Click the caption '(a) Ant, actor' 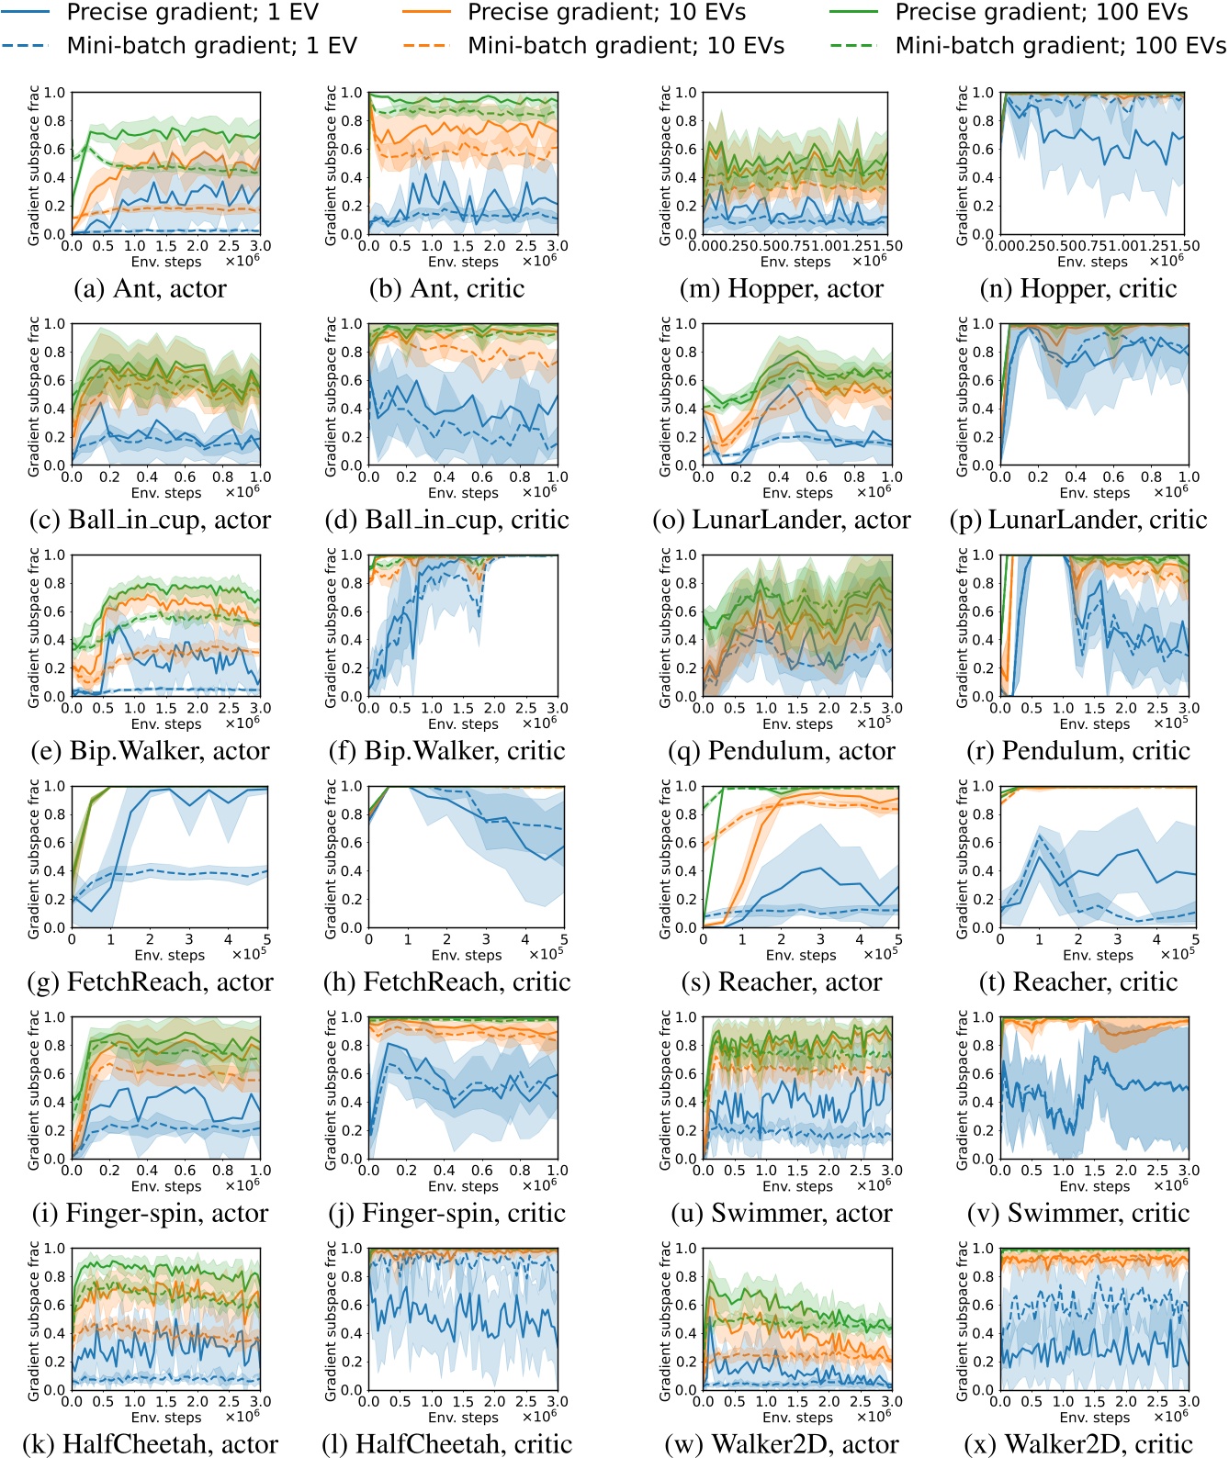click(x=151, y=289)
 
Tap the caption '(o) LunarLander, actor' click(x=782, y=521)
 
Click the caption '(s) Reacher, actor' click(x=782, y=982)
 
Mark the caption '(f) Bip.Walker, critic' click(x=447, y=751)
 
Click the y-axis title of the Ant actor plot click(x=34, y=164)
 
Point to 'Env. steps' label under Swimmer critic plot click(x=1095, y=1186)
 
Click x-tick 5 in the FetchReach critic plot click(x=563, y=940)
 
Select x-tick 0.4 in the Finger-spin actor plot click(x=147, y=1172)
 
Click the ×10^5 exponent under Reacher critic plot click(x=1178, y=954)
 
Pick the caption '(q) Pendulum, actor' click(x=783, y=751)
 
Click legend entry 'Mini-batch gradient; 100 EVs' click(x=1060, y=46)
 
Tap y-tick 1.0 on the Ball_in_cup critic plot click(x=352, y=324)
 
